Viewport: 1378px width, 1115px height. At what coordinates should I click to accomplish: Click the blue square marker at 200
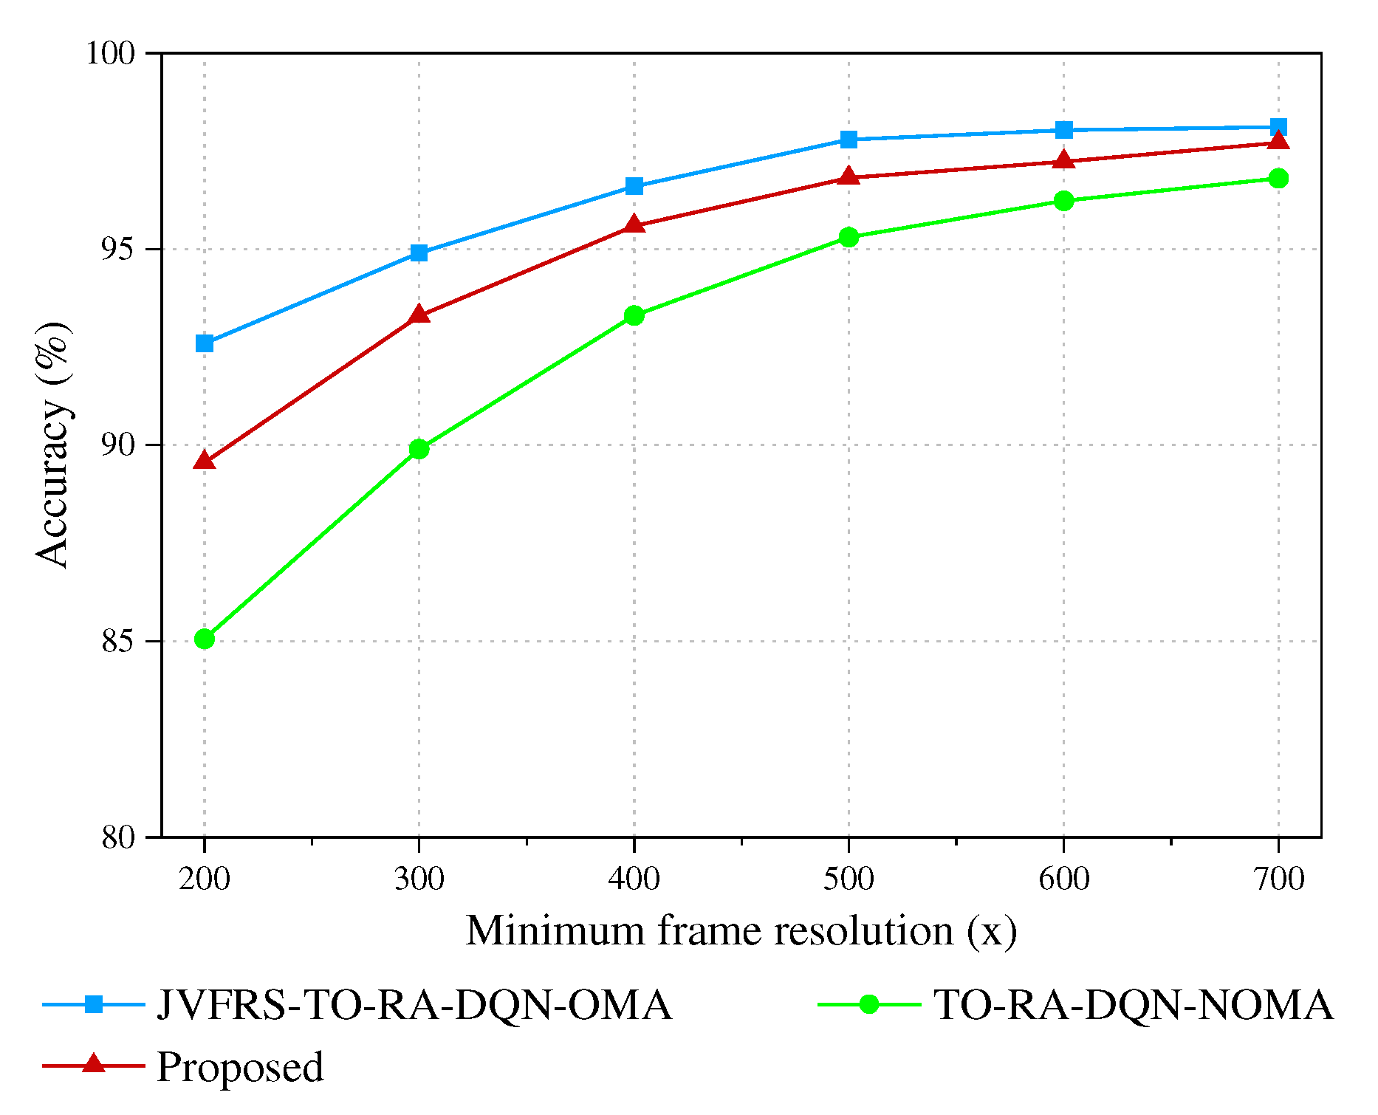(x=205, y=343)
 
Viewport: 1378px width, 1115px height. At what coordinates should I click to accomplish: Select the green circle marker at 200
(x=205, y=639)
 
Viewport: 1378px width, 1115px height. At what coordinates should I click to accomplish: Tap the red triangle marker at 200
(x=205, y=462)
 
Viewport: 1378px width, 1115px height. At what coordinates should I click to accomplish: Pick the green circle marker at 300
(x=419, y=449)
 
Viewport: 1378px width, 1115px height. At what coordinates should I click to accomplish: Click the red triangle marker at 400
(x=634, y=224)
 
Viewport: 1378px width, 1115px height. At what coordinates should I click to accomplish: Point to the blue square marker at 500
(x=849, y=140)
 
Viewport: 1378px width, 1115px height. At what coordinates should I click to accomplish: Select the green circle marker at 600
(x=1063, y=201)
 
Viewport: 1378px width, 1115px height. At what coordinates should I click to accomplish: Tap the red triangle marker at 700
(x=1278, y=141)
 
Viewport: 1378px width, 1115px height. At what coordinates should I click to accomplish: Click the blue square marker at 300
(x=419, y=253)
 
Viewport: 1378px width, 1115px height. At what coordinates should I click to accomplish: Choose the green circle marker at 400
(x=634, y=316)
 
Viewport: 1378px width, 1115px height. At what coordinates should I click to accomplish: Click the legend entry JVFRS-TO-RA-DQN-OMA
(x=414, y=1005)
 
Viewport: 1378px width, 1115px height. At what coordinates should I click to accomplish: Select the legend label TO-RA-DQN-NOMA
(x=1134, y=1005)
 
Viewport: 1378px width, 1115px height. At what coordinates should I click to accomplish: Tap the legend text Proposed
(x=240, y=1067)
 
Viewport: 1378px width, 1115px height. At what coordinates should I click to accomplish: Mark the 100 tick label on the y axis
(x=112, y=53)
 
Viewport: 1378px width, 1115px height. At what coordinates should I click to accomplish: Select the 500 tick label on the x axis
(x=849, y=879)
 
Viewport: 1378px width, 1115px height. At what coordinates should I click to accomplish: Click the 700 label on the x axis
(x=1278, y=879)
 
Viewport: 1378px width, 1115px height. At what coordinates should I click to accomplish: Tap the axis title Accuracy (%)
(x=53, y=445)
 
